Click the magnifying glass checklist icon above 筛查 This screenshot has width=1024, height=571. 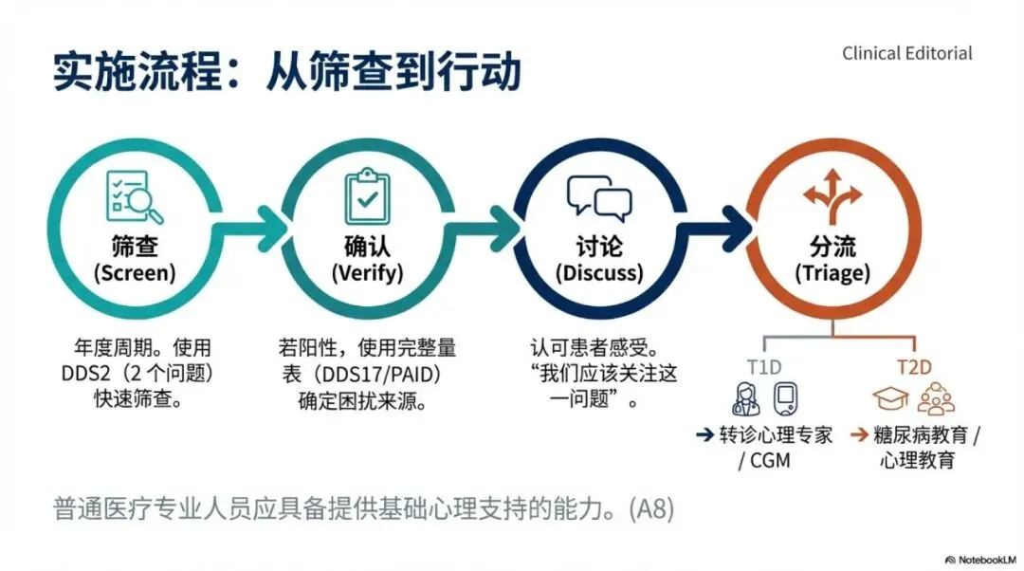(x=134, y=196)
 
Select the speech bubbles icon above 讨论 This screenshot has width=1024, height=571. (x=599, y=196)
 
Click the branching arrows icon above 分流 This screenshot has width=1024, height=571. (x=832, y=193)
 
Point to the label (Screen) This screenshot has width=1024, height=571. (x=134, y=273)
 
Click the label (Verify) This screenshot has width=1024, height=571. (x=367, y=273)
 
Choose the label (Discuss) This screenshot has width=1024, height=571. (x=599, y=273)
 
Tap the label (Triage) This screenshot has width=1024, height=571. (x=832, y=273)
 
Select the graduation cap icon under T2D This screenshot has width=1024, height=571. (x=891, y=398)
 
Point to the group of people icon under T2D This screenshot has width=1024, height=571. (x=936, y=398)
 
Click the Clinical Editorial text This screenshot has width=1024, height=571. (x=906, y=53)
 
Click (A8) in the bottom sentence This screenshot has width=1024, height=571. (x=651, y=509)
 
